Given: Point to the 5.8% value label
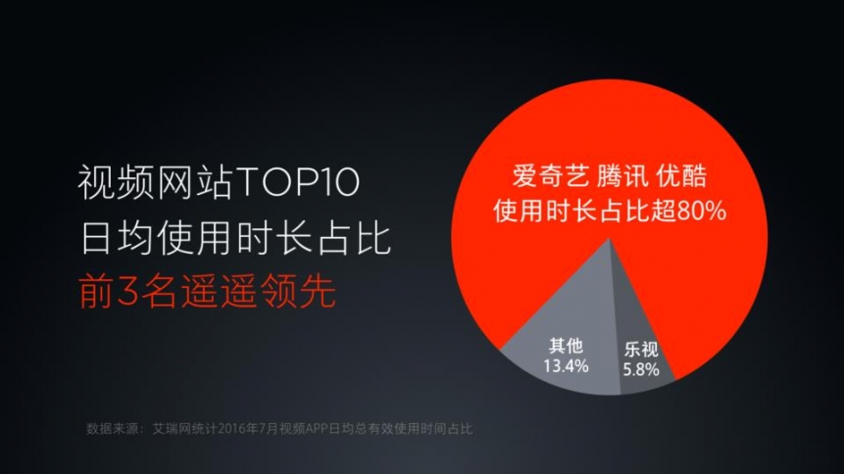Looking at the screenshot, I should [641, 369].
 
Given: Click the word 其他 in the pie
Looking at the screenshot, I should [566, 346].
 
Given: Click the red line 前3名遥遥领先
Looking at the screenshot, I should [207, 292].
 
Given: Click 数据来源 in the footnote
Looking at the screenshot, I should [110, 428].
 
